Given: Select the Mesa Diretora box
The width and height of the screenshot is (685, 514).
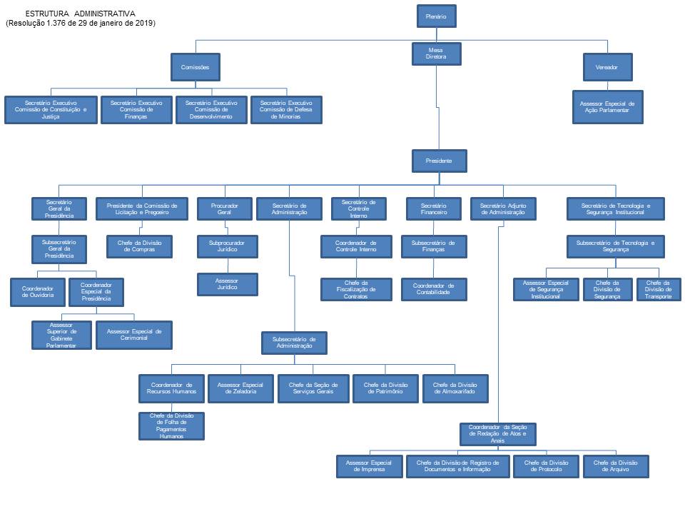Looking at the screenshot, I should point(436,54).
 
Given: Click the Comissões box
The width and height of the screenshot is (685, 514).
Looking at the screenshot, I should point(195,67).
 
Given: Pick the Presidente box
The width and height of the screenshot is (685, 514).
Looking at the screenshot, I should point(440,161).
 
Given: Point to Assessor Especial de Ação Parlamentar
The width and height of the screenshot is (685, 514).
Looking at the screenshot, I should point(607,108).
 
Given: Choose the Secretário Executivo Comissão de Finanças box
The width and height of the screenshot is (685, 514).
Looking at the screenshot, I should point(136,110).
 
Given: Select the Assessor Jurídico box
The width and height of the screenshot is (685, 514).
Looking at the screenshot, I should point(228,284).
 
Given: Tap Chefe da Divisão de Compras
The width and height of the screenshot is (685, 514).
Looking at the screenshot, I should point(140,246).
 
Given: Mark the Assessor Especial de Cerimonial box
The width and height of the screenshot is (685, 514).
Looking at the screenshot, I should point(134,335).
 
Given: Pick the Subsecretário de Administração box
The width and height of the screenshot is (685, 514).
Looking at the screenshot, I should point(293,343).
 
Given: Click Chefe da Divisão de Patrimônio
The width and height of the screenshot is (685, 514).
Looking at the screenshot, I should point(385,388).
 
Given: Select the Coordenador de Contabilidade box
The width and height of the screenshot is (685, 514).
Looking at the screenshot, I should point(433,289).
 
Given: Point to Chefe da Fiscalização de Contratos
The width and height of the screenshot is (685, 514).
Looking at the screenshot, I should point(356,289).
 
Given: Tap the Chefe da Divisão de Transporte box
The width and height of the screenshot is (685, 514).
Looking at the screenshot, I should point(659,289).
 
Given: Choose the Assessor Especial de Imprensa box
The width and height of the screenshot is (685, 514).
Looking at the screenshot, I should point(369,466).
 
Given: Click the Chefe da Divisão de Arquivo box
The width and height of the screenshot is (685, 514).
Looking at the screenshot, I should point(616,466).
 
